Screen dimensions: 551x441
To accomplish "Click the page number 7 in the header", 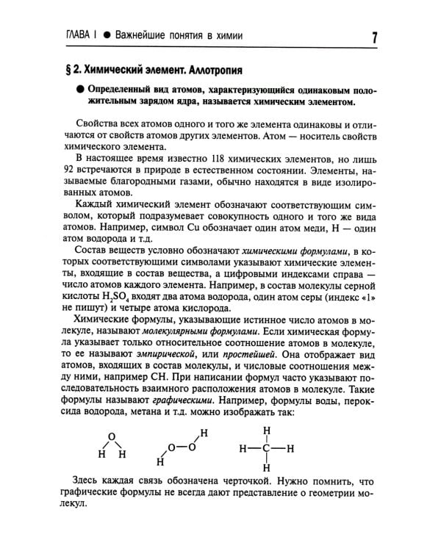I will point(376,37).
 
